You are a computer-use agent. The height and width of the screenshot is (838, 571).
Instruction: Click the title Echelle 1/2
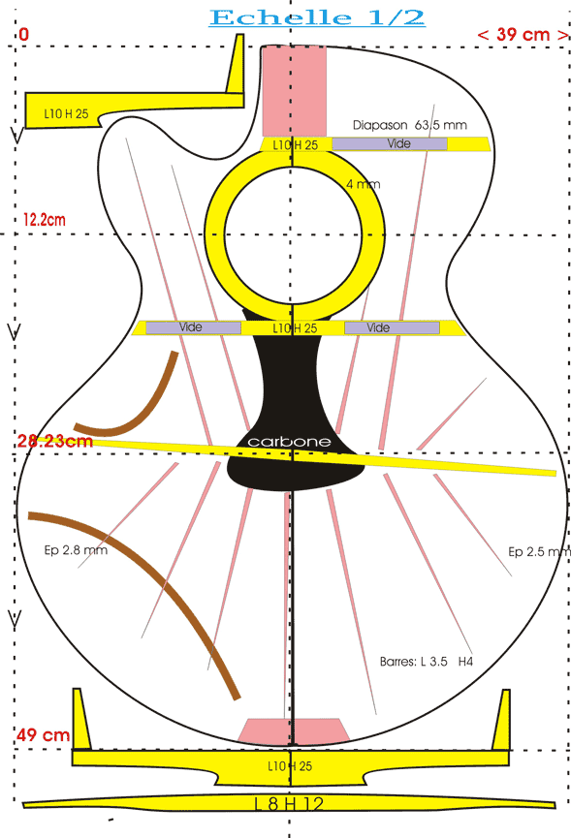click(317, 17)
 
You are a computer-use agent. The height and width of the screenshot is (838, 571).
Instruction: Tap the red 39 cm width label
click(523, 35)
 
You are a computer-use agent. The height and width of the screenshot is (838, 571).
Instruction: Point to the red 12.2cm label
click(45, 219)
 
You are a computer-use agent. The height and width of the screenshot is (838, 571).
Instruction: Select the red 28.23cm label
click(55, 441)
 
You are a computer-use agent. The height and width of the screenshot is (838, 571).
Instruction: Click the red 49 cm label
click(43, 735)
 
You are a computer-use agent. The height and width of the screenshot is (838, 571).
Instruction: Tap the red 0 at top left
click(23, 35)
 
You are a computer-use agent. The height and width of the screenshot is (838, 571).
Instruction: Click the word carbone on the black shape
click(289, 442)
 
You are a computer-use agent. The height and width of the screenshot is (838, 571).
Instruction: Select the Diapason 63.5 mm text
click(409, 125)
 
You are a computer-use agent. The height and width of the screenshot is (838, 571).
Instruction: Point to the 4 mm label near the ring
click(363, 184)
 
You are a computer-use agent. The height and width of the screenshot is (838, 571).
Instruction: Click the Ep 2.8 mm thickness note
click(76, 550)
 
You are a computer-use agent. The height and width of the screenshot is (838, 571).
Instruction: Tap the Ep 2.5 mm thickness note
click(539, 551)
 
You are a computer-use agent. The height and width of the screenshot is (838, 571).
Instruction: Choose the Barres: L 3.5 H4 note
click(427, 662)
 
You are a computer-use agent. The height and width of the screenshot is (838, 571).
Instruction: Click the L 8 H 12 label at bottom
click(289, 804)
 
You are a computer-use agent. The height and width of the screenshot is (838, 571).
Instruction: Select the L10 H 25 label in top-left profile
click(66, 113)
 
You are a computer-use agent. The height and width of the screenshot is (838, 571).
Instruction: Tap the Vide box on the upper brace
click(390, 143)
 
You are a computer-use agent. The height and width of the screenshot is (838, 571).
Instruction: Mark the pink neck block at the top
click(294, 90)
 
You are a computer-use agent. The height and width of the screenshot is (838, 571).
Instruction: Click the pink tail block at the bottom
click(294, 731)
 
